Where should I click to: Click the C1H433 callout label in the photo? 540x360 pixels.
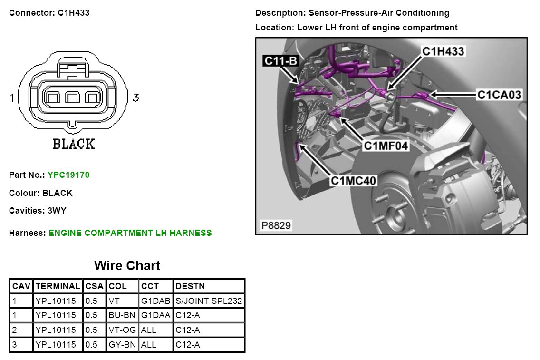point(443,51)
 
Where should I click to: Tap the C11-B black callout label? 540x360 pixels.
point(280,61)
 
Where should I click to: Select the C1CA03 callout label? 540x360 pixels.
point(499,95)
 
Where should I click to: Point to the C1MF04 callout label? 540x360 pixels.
point(386,146)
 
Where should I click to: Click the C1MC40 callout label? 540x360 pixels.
point(354,181)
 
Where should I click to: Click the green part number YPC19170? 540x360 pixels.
point(68,175)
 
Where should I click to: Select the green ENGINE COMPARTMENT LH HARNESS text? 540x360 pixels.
point(130,233)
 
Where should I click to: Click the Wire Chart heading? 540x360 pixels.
point(127,265)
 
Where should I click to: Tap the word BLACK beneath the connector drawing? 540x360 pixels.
point(73,144)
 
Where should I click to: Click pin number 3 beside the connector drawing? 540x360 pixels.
point(136,98)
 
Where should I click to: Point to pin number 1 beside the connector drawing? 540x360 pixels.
point(12,98)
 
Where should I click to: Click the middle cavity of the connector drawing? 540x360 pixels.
point(72,98)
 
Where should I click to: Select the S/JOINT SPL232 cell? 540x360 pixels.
point(209,301)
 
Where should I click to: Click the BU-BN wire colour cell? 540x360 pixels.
point(122,315)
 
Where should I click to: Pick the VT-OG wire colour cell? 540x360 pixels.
point(122,330)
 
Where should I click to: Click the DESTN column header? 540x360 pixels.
point(190,286)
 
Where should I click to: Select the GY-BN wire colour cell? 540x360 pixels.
point(122,345)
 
